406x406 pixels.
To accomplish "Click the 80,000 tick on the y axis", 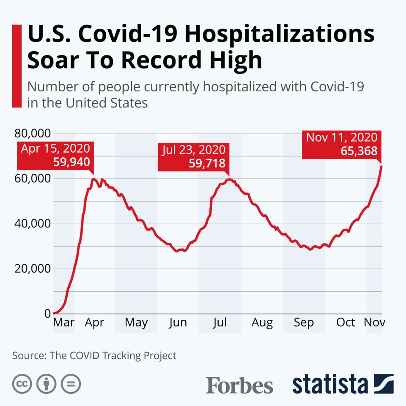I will [x=33, y=134].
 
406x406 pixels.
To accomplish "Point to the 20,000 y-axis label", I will [x=33, y=269].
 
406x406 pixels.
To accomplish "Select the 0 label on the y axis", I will [x=47, y=313].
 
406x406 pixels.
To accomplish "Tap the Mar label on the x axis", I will [x=63, y=323].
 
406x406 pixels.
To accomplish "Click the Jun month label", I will [x=178, y=323].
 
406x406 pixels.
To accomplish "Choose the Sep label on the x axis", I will [x=304, y=323].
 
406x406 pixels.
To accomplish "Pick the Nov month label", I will [x=374, y=323].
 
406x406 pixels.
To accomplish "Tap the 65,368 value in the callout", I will [x=359, y=151].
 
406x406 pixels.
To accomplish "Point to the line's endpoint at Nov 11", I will [x=381, y=166].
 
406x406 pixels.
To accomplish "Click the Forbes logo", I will [x=239, y=385].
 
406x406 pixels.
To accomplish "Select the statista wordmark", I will [x=330, y=384].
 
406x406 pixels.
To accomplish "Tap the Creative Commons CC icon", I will [x=22, y=384].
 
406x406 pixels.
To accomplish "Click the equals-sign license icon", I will [x=71, y=384].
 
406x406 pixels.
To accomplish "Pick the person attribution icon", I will [x=47, y=384].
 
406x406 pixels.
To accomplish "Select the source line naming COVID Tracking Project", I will [x=94, y=355].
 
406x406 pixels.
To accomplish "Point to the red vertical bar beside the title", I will [x=17, y=66].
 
